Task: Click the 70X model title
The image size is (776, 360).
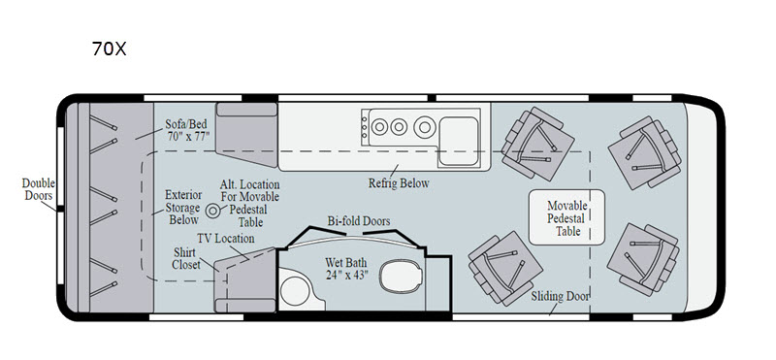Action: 110,49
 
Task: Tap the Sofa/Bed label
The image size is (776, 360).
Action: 185,124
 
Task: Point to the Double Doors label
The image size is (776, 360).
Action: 39,189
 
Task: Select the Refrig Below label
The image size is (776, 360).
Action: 399,183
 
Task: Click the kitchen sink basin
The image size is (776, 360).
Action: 458,141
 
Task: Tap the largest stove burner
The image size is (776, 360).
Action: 424,127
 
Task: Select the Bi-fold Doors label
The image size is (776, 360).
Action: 359,221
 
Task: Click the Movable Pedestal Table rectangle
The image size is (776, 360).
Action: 566,217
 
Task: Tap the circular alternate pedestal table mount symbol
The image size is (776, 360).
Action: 212,211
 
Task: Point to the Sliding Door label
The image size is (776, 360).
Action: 561,296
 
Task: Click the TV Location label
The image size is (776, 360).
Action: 226,239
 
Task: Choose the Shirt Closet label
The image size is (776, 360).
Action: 186,259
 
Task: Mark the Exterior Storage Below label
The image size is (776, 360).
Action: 182,208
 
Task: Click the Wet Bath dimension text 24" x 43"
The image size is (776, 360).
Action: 347,275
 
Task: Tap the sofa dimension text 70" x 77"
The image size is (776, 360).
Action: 188,136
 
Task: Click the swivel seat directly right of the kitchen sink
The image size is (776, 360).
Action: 538,145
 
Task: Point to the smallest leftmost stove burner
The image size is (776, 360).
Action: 378,127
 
